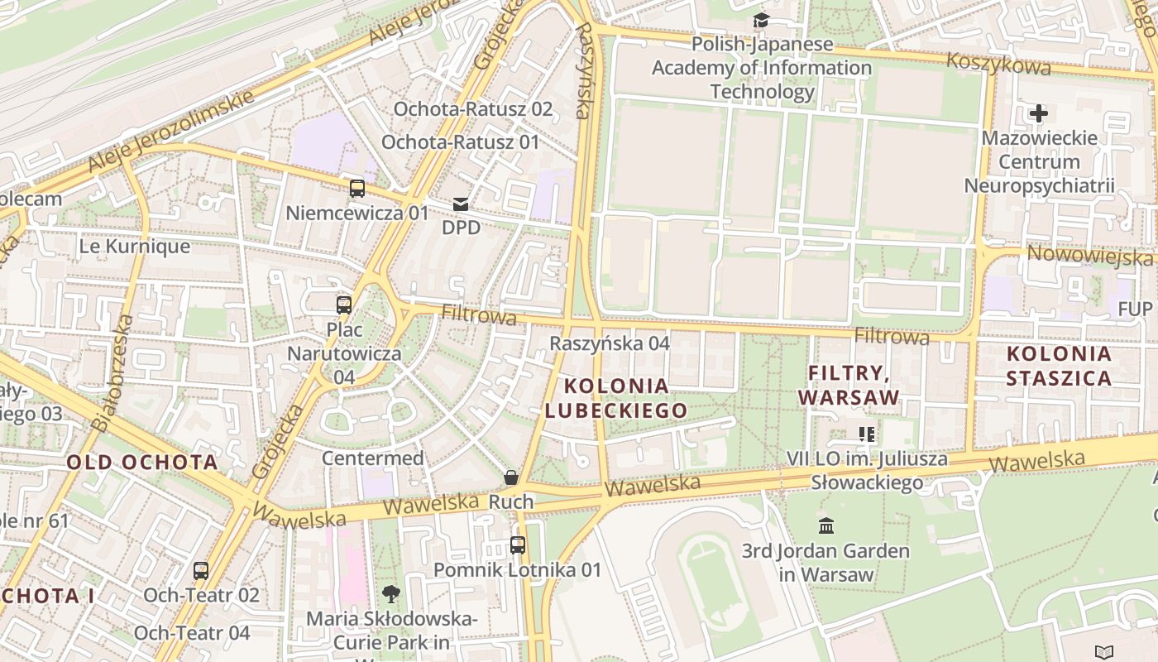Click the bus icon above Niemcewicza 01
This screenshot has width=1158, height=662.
coord(356,189)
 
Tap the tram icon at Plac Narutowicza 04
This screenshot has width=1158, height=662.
coord(344,305)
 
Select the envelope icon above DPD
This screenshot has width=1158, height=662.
coord(461,204)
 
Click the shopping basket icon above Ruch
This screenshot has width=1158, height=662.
coord(511,477)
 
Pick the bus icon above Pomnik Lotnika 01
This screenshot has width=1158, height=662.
coord(517,545)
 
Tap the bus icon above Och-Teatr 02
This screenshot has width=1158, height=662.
coord(201,570)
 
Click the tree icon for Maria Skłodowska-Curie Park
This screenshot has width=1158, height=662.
coord(390,593)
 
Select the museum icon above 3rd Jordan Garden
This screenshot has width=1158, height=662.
coord(825,525)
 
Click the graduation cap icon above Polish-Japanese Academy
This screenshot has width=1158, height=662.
coord(761,20)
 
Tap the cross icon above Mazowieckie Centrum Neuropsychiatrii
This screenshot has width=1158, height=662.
coord(1039,113)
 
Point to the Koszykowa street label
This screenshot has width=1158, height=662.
coord(998,63)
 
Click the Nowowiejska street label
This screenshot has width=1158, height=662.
coord(1089,255)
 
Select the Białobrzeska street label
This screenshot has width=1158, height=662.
coord(112,372)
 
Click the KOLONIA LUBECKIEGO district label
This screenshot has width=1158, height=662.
coord(616,398)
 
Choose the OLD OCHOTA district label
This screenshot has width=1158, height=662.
coord(142,462)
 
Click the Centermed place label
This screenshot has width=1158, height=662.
coord(372,458)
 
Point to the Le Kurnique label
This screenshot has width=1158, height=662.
coord(134,246)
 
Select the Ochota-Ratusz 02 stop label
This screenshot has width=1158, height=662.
coord(472,108)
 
